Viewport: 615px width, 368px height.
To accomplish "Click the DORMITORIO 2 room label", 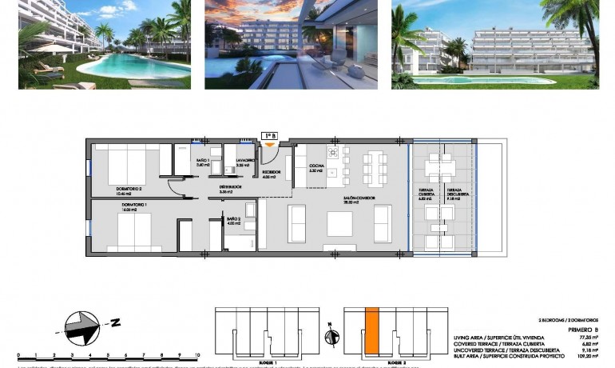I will point(129,189).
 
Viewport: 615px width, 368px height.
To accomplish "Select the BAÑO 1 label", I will point(203,162).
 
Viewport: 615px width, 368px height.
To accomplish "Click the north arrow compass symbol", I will point(85,323).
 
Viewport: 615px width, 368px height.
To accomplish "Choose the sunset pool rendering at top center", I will point(292,44).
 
